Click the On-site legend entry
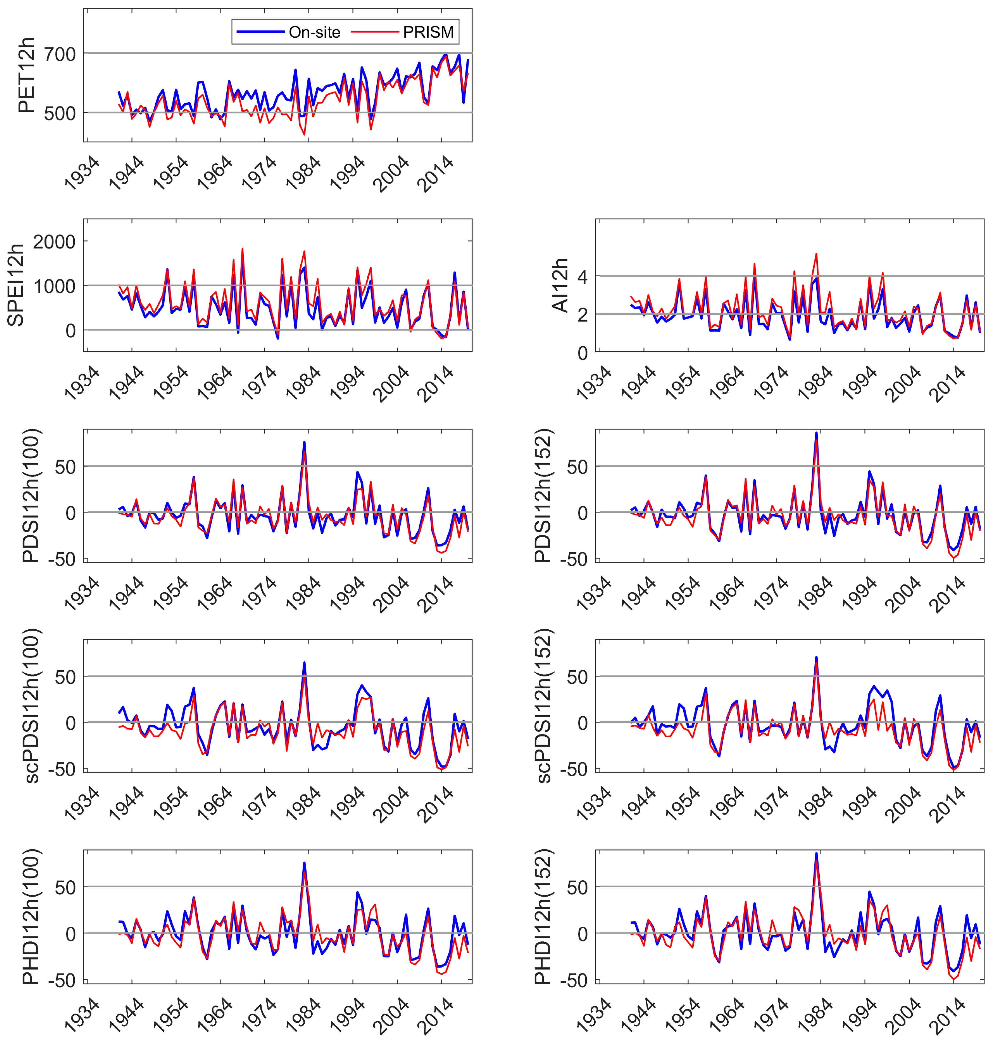point(314,32)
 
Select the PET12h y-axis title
point(25,75)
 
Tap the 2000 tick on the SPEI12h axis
point(54,242)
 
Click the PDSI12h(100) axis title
point(31,496)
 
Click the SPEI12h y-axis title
point(16,285)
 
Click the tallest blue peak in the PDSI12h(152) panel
point(816,433)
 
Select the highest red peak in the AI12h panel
point(816,254)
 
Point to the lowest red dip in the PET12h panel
point(304,135)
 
